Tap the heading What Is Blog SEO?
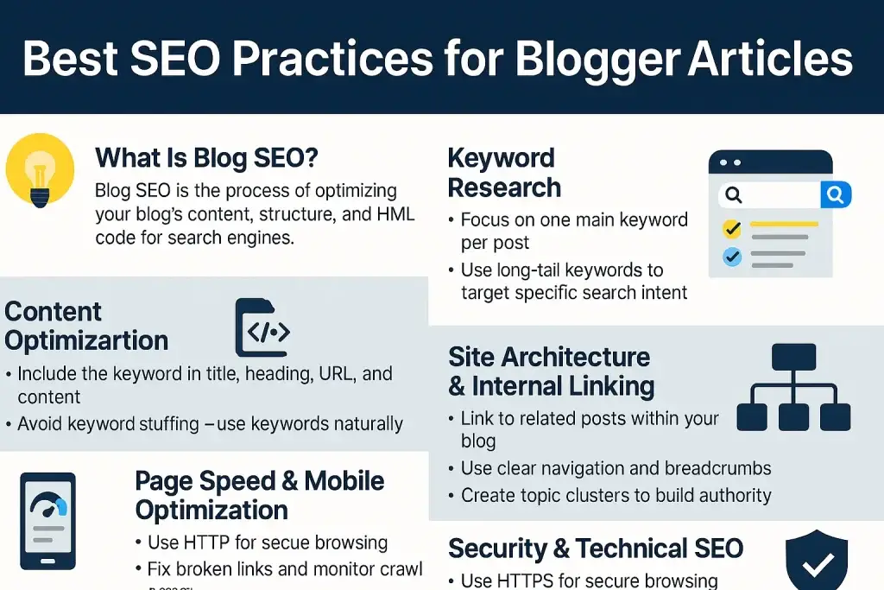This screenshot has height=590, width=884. click(206, 158)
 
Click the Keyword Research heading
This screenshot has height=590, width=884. click(504, 173)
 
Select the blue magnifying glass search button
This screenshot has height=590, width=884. click(835, 195)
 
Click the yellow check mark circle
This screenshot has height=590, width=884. click(731, 229)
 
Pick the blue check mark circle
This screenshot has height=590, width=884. click(731, 257)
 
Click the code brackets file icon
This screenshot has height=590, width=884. click(262, 329)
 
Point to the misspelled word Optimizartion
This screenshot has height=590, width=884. click(86, 340)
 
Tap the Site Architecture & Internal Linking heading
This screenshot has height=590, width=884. click(551, 371)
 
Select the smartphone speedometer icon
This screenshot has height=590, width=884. click(47, 520)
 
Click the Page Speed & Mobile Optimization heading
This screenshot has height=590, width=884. click(260, 495)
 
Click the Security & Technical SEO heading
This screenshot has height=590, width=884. click(596, 549)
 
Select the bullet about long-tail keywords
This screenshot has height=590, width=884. click(573, 282)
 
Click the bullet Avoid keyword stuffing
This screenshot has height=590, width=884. click(210, 424)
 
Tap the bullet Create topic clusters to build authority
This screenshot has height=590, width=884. click(616, 496)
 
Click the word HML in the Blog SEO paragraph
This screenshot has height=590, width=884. click(381, 214)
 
